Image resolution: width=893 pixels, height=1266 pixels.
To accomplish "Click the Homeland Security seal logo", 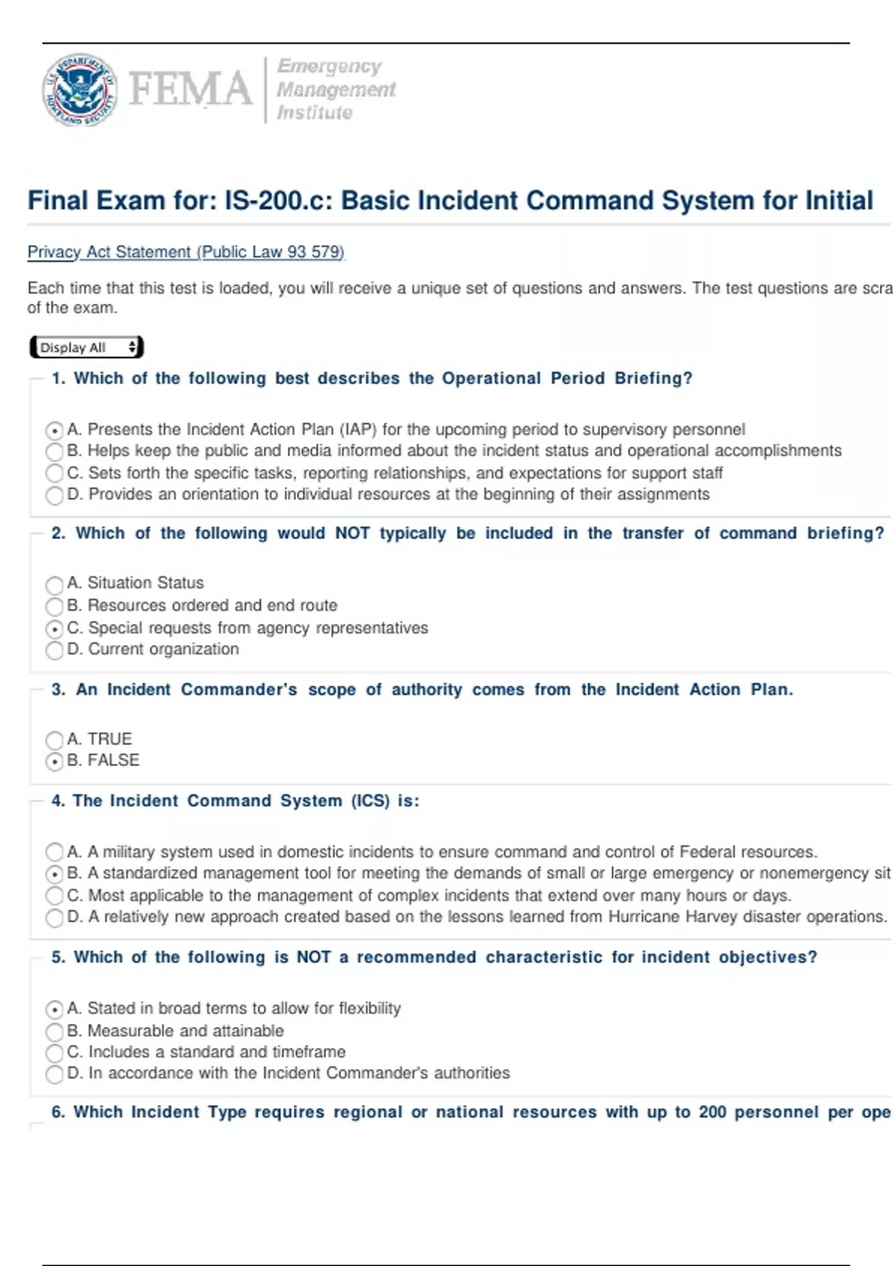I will [x=79, y=89].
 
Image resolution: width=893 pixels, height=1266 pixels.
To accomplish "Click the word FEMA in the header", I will [x=191, y=89].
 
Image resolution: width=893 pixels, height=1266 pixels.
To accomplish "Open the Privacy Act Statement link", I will [x=186, y=252].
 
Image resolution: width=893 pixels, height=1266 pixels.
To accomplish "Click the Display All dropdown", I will [x=87, y=347].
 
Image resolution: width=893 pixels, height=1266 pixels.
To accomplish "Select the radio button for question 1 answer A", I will [x=54, y=430].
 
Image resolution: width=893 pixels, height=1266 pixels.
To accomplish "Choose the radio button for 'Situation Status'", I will [x=54, y=585].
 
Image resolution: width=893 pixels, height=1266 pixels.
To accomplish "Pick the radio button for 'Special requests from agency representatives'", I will [x=54, y=629].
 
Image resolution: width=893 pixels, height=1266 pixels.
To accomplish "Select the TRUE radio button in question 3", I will [x=54, y=740].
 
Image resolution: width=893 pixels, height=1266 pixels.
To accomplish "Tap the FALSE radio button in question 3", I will [x=54, y=762].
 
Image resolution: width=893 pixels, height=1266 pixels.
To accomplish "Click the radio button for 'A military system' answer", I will [x=54, y=852].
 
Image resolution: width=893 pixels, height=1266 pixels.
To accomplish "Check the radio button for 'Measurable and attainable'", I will [x=54, y=1031].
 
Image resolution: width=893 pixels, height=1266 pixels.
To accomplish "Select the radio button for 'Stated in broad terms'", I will [x=54, y=1010].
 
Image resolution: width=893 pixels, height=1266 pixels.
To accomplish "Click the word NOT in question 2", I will [x=352, y=533].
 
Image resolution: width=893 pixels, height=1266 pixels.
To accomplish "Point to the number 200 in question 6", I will [x=712, y=1112].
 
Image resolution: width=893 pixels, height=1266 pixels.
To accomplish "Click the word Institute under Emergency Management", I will [x=314, y=113].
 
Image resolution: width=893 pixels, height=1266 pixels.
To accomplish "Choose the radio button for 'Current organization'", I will [x=54, y=651].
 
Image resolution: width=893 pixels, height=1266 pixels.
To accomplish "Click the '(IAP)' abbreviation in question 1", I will [x=358, y=430].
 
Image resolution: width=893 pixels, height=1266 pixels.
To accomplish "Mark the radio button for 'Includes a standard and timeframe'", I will [x=54, y=1053].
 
